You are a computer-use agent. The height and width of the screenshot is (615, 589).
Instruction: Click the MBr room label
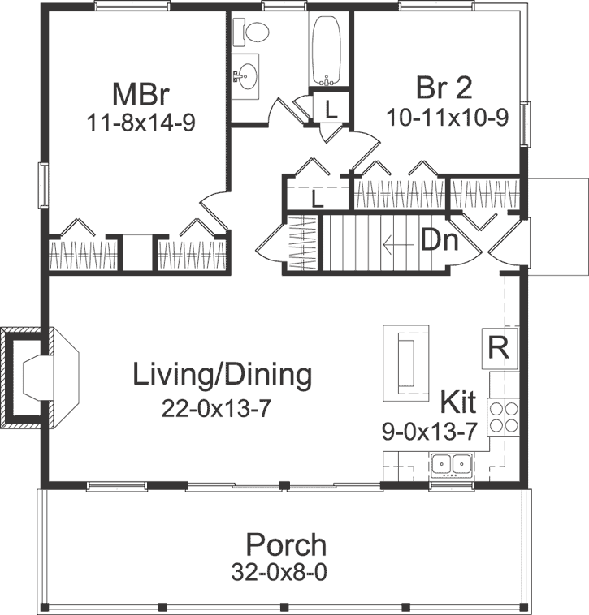[141, 93]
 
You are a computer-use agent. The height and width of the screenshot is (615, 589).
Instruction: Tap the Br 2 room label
[444, 88]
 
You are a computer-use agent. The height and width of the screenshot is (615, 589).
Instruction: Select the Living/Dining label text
[222, 375]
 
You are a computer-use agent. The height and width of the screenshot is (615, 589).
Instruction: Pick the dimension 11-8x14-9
[141, 123]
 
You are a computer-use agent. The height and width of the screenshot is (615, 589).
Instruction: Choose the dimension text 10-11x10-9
[449, 116]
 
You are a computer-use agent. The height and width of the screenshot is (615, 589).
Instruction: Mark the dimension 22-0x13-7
[215, 408]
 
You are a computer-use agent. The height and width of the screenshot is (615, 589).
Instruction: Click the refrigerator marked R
[499, 347]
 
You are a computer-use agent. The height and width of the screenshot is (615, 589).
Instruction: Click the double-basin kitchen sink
[452, 464]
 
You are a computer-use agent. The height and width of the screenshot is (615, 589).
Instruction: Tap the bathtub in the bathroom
[329, 50]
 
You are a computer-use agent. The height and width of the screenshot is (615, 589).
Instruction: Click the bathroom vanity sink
[245, 75]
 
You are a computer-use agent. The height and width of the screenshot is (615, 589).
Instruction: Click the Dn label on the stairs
[440, 241]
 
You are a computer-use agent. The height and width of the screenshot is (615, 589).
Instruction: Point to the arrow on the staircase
[397, 243]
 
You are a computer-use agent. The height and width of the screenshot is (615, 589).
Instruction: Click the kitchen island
[406, 362]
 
